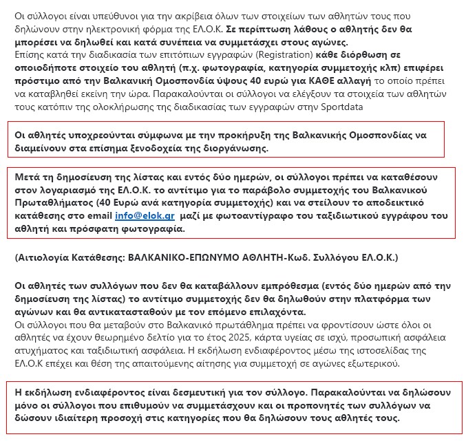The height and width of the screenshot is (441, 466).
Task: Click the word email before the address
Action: tap(98, 215)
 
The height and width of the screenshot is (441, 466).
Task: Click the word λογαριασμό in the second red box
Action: tap(62, 190)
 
